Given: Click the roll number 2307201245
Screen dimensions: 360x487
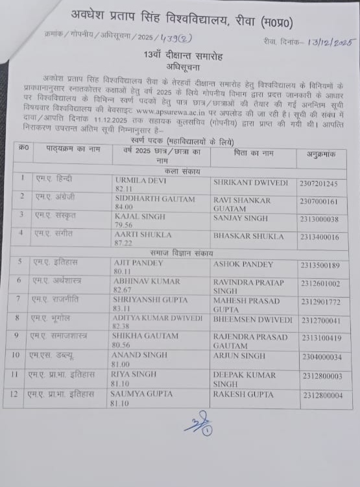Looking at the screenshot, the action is click(x=318, y=184).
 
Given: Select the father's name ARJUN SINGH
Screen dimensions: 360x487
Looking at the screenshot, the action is click(x=239, y=357).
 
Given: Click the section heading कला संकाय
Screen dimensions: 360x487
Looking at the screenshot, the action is click(x=184, y=171).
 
